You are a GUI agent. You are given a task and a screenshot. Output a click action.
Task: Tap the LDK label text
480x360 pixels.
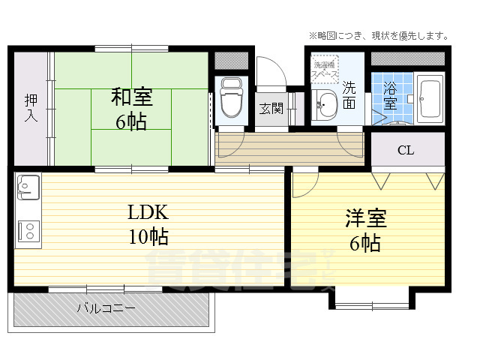(x=147, y=211)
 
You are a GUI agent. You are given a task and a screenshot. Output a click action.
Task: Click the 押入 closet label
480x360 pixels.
(x=31, y=108)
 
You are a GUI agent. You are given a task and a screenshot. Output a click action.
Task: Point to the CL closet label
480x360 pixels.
(x=406, y=150)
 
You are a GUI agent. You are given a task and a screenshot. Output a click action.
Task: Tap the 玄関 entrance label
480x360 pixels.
(x=271, y=108)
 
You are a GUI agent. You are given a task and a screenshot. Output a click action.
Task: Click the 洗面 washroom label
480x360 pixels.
(x=349, y=94)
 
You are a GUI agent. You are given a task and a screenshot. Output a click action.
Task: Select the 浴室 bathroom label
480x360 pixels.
(x=390, y=94)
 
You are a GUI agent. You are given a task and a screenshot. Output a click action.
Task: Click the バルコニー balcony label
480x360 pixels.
(x=106, y=308)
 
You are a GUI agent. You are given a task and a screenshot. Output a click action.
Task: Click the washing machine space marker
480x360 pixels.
(x=325, y=70)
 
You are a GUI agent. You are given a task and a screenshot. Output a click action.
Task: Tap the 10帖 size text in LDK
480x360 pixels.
(x=147, y=238)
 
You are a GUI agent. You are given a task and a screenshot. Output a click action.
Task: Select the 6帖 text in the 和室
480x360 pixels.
(x=131, y=122)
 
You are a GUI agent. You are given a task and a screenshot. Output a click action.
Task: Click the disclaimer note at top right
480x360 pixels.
(x=379, y=35)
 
